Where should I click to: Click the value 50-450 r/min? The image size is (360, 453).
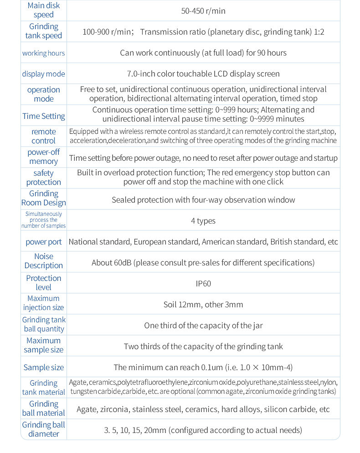point(203,11)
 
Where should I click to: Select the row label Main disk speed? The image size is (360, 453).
point(43,10)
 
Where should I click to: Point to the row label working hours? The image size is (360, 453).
point(43,53)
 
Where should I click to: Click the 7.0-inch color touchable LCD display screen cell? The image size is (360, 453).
point(203,74)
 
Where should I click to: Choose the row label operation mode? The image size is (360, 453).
point(43,94)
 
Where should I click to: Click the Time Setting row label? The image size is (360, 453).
point(43,116)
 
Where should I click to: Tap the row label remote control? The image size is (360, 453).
point(43,136)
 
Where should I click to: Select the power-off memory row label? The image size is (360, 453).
point(43,157)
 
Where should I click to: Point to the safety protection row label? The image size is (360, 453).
point(43,178)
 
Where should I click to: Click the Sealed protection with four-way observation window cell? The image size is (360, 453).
point(203,200)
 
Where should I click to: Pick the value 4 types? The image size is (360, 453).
point(203,221)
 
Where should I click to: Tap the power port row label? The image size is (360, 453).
point(43,242)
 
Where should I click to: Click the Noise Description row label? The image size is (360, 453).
point(43,261)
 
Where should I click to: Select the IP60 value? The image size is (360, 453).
point(203,284)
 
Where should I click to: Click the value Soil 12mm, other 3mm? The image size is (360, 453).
point(203,305)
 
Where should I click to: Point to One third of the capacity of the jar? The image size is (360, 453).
point(203,326)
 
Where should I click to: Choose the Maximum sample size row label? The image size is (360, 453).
point(43,345)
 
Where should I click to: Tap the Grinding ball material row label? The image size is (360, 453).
point(43,408)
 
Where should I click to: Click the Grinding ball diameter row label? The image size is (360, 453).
point(43,429)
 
